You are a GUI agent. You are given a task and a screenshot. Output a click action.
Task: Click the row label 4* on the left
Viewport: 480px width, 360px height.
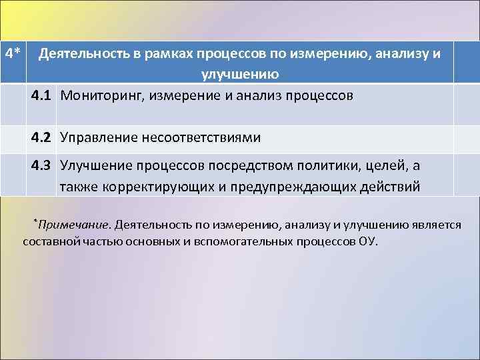14,53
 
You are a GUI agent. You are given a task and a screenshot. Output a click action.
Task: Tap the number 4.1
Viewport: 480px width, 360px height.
41,95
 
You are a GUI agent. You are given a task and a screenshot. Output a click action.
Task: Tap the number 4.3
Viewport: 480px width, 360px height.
41,165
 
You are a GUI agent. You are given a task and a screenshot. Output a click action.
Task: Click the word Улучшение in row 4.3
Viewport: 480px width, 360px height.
97,165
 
